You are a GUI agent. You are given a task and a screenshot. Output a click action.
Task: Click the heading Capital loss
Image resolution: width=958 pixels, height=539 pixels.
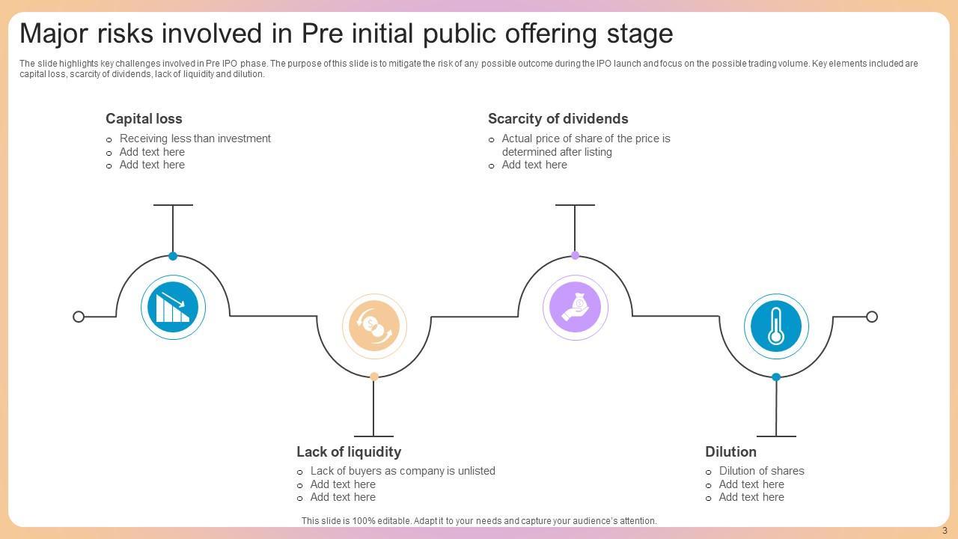(144, 118)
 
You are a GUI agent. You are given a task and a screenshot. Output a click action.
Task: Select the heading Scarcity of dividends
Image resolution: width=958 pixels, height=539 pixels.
(558, 118)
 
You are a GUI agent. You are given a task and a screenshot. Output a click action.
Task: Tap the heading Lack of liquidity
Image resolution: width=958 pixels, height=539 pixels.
(349, 451)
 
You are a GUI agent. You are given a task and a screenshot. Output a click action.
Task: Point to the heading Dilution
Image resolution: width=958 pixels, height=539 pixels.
(730, 451)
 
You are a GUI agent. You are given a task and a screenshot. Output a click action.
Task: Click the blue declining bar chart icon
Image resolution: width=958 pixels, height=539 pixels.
(173, 308)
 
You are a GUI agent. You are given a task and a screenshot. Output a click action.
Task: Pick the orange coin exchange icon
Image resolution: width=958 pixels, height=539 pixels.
(374, 326)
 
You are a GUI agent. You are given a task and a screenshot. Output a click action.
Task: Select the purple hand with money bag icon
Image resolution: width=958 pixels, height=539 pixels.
(575, 307)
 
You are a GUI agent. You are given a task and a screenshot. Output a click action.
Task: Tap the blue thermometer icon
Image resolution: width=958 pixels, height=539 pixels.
(776, 326)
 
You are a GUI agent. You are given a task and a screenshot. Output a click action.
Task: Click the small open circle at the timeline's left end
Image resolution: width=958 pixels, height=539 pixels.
(79, 317)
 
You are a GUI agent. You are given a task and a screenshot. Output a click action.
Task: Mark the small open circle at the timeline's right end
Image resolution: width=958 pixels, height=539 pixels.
(872, 317)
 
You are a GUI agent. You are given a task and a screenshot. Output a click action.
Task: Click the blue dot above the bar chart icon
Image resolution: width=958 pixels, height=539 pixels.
(173, 256)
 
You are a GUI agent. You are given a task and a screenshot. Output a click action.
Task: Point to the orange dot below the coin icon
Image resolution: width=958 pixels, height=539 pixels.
(374, 377)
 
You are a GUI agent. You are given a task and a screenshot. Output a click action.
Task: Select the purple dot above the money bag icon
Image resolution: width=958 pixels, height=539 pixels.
(575, 255)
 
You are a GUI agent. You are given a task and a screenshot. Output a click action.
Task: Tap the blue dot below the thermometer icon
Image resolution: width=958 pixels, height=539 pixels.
(776, 377)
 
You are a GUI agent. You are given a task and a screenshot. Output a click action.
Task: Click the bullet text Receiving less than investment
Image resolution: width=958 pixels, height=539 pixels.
(195, 138)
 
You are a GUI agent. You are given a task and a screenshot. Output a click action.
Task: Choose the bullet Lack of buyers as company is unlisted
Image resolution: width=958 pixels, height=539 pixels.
(403, 471)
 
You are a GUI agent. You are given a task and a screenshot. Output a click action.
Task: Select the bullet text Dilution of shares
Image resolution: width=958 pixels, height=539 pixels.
(761, 471)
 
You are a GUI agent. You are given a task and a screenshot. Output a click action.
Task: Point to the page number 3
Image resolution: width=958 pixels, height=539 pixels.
(945, 531)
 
